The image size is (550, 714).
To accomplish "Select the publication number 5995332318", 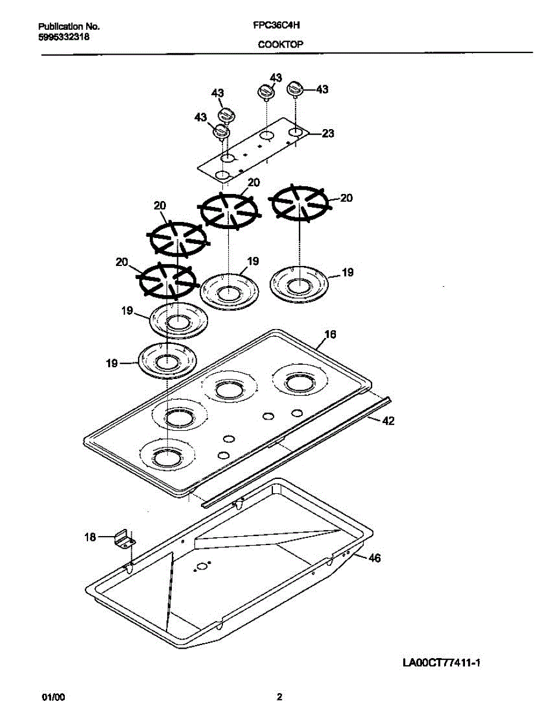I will tap(64, 36).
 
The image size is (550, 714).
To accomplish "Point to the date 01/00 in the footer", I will tap(51, 697).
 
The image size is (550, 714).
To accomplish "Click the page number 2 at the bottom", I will tap(279, 697).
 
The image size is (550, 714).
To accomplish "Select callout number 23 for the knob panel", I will tap(328, 134).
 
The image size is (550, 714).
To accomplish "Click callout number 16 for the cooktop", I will tap(330, 334).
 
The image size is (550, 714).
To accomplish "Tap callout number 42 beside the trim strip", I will tap(388, 421).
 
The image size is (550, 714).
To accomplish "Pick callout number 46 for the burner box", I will tap(374, 558).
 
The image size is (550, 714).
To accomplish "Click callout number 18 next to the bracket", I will tap(90, 537).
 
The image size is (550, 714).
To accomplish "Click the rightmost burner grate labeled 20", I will tap(299, 203).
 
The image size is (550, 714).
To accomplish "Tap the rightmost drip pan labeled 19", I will tap(298, 284).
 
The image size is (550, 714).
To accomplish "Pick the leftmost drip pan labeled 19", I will tap(168, 360).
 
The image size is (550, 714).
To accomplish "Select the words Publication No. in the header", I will tap(69, 27).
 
